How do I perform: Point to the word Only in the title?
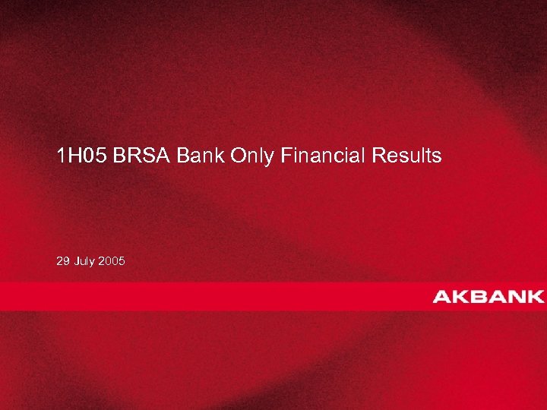[253, 156]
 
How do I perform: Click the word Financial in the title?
[324, 156]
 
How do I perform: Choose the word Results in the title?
[406, 156]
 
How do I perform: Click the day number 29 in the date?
[62, 261]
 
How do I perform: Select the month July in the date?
[87, 261]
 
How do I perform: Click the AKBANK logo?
[489, 296]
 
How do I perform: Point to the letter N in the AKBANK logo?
[518, 296]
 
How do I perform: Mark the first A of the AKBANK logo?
[442, 296]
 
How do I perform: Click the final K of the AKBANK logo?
[536, 296]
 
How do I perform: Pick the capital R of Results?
[379, 156]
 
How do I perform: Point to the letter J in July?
[77, 261]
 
